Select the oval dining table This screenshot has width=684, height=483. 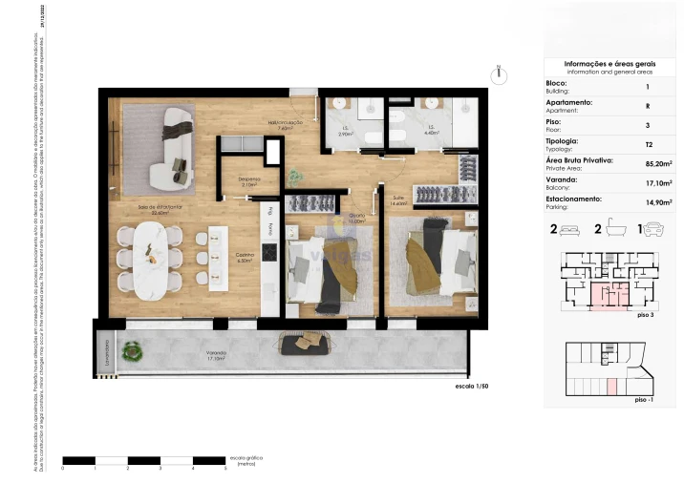point(151,257)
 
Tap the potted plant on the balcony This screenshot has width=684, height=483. point(134,353)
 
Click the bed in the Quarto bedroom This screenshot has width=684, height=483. point(325,269)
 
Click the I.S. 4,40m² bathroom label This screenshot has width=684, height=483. point(431,130)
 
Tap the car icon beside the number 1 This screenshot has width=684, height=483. point(653,230)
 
